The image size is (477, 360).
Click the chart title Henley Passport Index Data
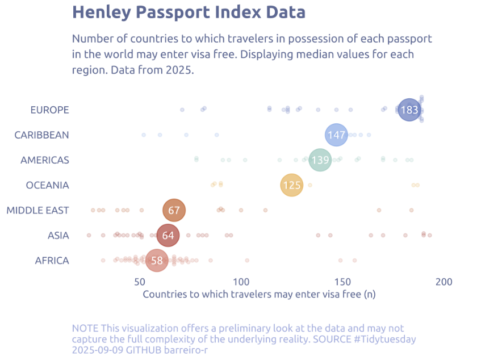click(x=189, y=12)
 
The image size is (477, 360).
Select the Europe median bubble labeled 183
click(x=409, y=110)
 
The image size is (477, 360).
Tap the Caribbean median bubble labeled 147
click(x=336, y=135)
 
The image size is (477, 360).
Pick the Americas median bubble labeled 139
click(x=320, y=160)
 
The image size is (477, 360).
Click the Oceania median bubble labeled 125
click(x=291, y=185)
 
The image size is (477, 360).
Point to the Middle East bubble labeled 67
click(x=174, y=210)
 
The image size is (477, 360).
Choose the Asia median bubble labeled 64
click(x=168, y=236)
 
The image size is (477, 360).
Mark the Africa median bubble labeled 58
click(x=157, y=261)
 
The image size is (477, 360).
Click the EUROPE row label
click(x=50, y=110)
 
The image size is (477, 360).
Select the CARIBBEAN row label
click(x=42, y=135)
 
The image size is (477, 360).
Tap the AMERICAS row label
click(x=45, y=160)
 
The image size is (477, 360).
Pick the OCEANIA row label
click(x=48, y=185)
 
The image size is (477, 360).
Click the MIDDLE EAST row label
click(x=38, y=211)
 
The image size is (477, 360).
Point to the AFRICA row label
click(x=52, y=261)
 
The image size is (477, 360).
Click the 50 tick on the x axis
click(x=140, y=282)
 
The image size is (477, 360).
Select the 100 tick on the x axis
click(x=241, y=282)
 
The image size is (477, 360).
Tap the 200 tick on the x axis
click(x=444, y=282)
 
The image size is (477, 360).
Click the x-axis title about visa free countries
click(x=259, y=294)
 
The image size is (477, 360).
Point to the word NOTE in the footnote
click(x=85, y=328)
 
